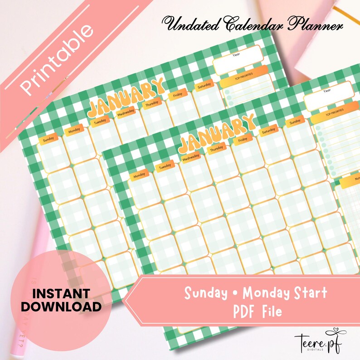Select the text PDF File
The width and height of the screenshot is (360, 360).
[254, 311]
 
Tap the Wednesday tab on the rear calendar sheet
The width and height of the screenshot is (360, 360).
[126, 113]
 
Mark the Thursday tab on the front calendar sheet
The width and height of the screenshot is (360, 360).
[216, 149]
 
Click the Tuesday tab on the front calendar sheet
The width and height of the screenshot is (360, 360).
[165, 166]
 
